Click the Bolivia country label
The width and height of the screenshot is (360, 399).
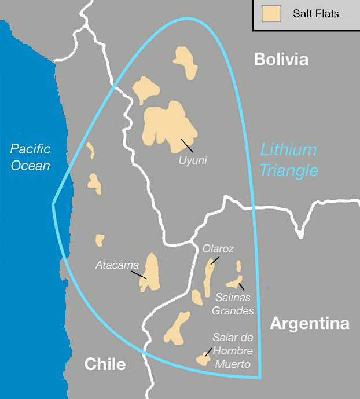281,60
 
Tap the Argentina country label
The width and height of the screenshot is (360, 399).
310,323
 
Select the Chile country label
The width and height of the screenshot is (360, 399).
105,364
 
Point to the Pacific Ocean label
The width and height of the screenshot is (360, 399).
30,157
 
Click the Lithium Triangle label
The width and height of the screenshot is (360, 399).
288,160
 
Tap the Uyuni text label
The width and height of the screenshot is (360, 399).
193,159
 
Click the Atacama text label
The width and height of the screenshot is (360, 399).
117,266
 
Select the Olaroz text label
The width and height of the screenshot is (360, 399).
218,249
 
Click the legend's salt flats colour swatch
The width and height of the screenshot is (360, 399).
271,13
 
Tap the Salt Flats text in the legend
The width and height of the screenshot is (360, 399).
315,13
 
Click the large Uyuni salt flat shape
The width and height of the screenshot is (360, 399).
168,123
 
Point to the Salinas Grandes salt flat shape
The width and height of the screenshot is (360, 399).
234,282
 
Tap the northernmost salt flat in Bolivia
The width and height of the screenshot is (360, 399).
185,61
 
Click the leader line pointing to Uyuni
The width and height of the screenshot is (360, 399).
187,145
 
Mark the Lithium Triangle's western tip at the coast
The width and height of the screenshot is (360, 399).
53,204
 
